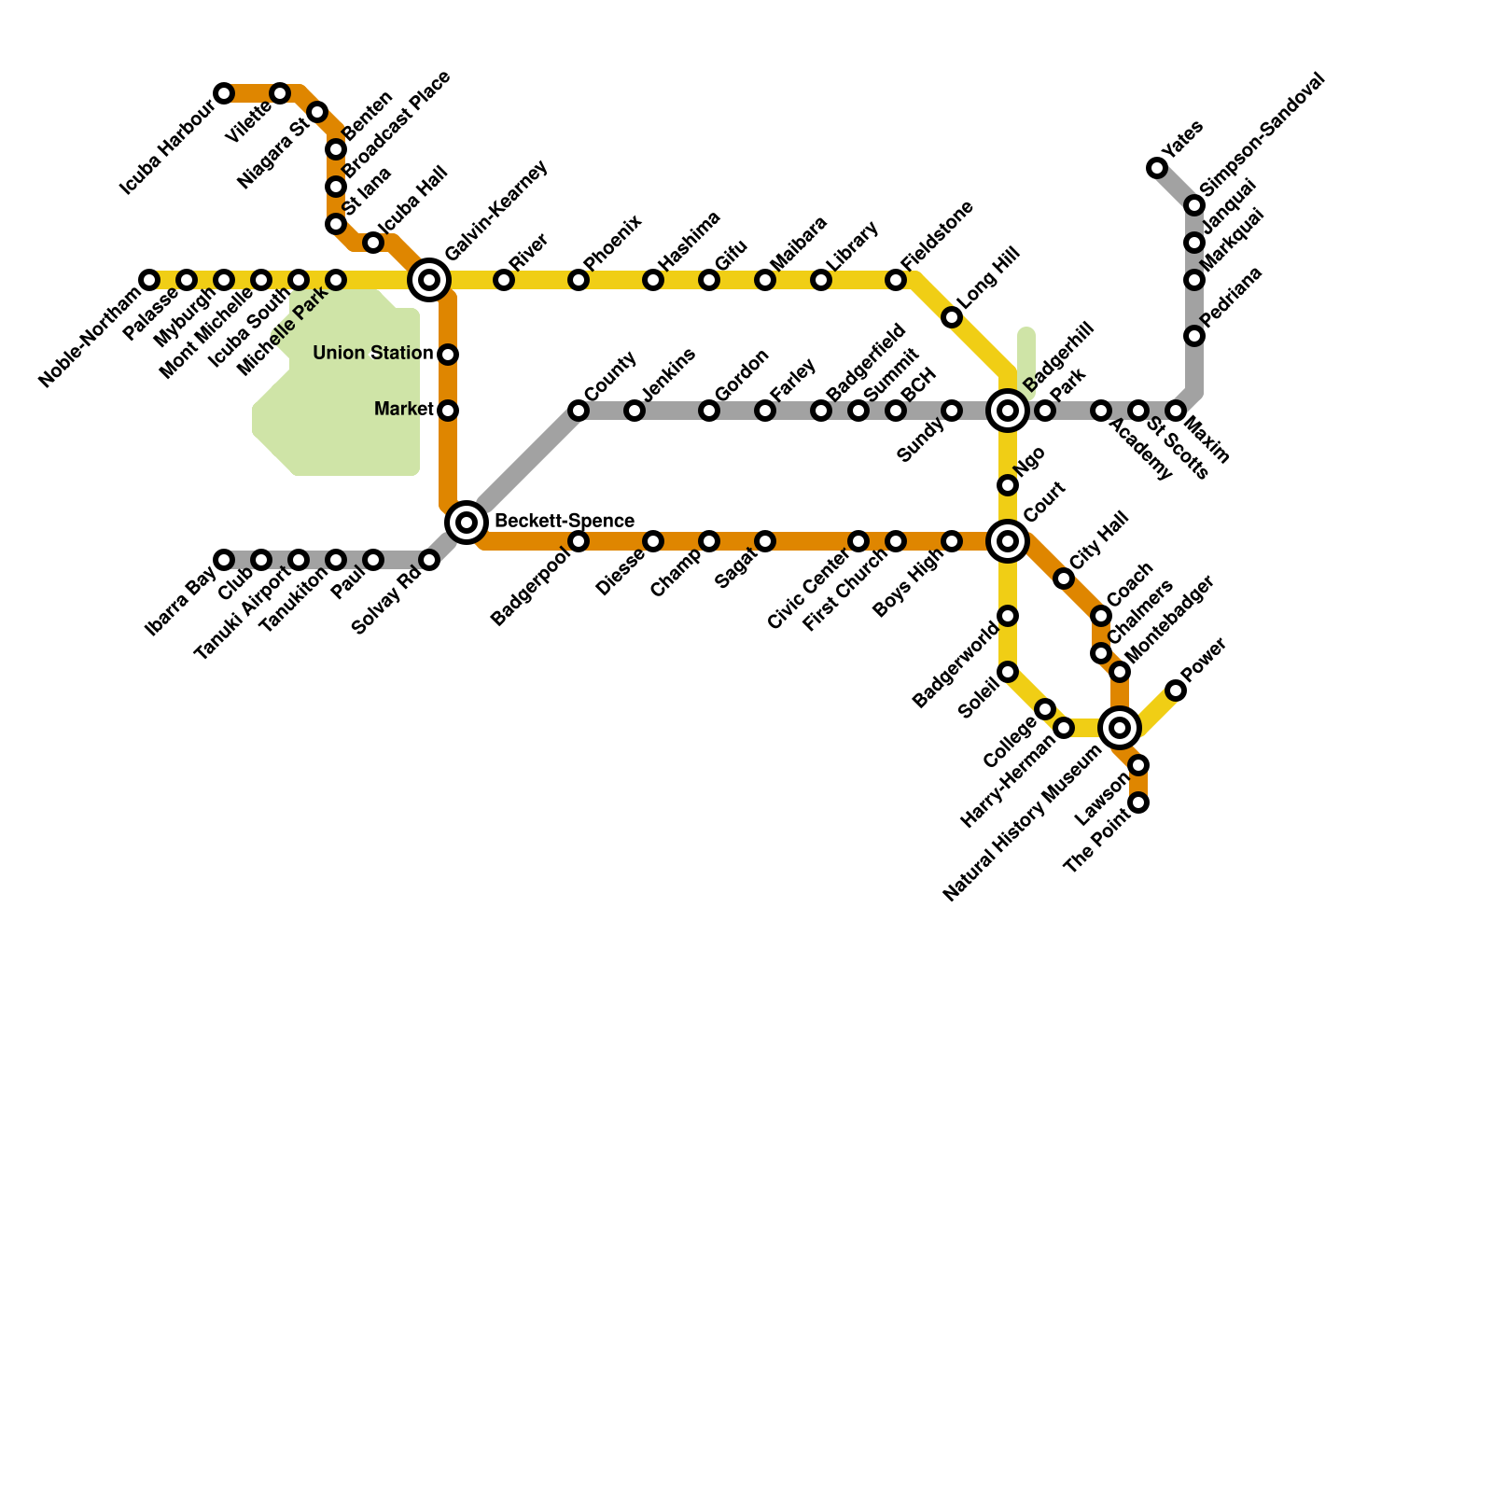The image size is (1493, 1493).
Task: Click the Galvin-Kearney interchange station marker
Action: point(429,280)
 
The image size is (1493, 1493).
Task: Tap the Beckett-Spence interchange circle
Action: point(467,522)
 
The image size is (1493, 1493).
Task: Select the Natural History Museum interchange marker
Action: point(1120,727)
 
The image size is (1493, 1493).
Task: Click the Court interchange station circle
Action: point(1008,541)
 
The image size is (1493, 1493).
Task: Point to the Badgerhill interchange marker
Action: point(1008,411)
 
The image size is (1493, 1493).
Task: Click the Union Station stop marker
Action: point(448,355)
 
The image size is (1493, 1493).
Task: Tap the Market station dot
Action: point(448,411)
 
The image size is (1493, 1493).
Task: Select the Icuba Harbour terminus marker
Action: point(224,93)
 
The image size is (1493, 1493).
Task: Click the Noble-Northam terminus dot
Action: point(149,280)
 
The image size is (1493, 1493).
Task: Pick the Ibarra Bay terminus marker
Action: point(224,560)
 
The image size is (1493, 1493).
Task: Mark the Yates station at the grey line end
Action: point(1157,168)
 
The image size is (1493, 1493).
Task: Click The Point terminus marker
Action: point(1138,802)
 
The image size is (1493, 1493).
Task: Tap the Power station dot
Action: point(1176,691)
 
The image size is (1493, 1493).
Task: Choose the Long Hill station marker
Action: point(952,317)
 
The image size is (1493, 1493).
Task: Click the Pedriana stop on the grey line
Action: point(1194,336)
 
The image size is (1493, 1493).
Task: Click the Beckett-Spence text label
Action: point(564,521)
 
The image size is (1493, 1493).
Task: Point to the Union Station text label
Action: point(372,354)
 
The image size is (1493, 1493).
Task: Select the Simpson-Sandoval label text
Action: point(1262,134)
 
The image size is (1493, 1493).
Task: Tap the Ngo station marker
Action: point(1008,485)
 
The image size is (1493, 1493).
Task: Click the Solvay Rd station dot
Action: point(429,560)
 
